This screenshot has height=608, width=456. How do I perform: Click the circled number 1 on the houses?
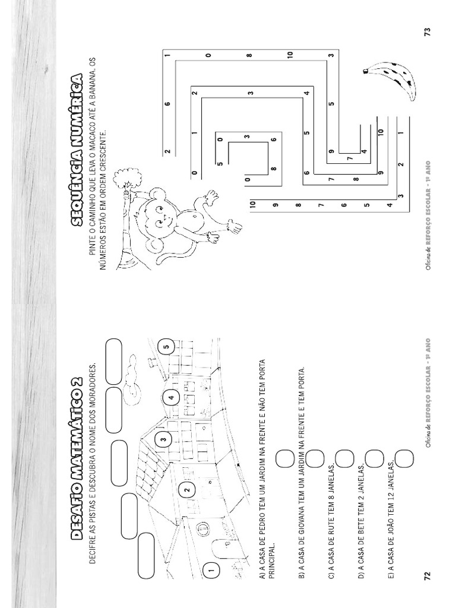[x=210, y=571]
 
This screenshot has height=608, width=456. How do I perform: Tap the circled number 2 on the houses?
[x=186, y=490]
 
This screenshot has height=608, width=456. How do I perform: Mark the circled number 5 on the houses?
[x=167, y=347]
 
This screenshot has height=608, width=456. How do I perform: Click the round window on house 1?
[x=202, y=528]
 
